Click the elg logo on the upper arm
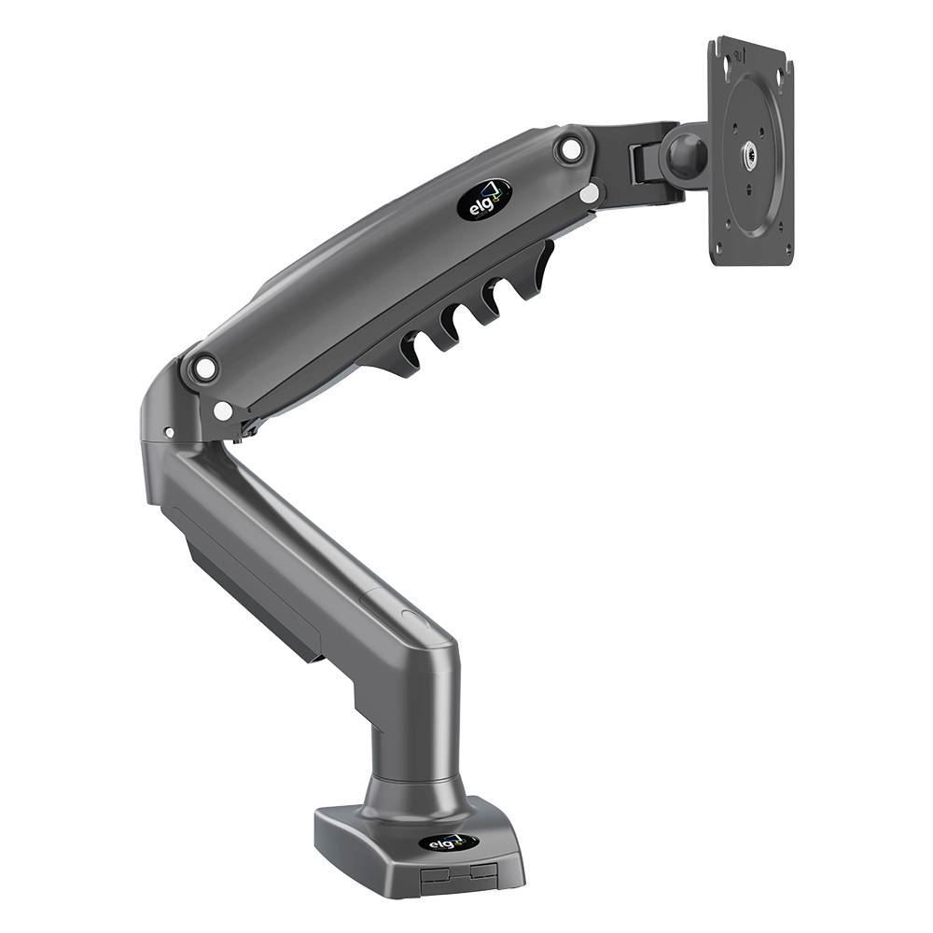coord(484,199)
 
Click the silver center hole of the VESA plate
coord(750,152)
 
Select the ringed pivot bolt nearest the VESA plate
coord(570,148)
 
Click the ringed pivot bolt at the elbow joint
coord(202,368)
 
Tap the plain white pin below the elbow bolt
coord(222,411)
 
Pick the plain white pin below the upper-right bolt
coord(590,193)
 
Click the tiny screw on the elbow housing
coord(169,433)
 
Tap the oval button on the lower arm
coord(411,618)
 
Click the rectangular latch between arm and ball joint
coord(643,164)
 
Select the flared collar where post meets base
coord(415,798)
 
